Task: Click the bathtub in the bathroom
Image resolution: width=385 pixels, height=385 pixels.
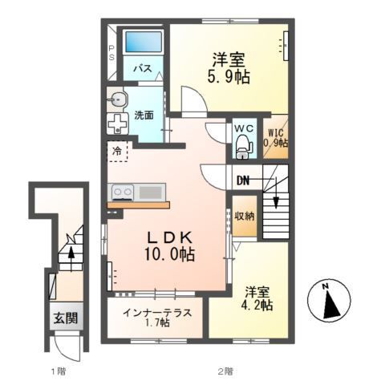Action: [x=141, y=41]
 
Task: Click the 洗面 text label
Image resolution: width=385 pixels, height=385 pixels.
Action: [x=144, y=114]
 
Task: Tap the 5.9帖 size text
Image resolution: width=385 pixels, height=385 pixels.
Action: [x=229, y=77]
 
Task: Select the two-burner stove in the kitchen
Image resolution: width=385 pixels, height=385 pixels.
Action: [x=122, y=192]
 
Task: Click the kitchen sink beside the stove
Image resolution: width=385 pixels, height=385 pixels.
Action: [x=150, y=192]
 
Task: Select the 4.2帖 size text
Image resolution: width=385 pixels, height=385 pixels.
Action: [x=256, y=305]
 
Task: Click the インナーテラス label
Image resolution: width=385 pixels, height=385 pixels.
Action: [x=157, y=311]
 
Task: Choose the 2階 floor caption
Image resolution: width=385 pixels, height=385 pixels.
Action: [x=224, y=371]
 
